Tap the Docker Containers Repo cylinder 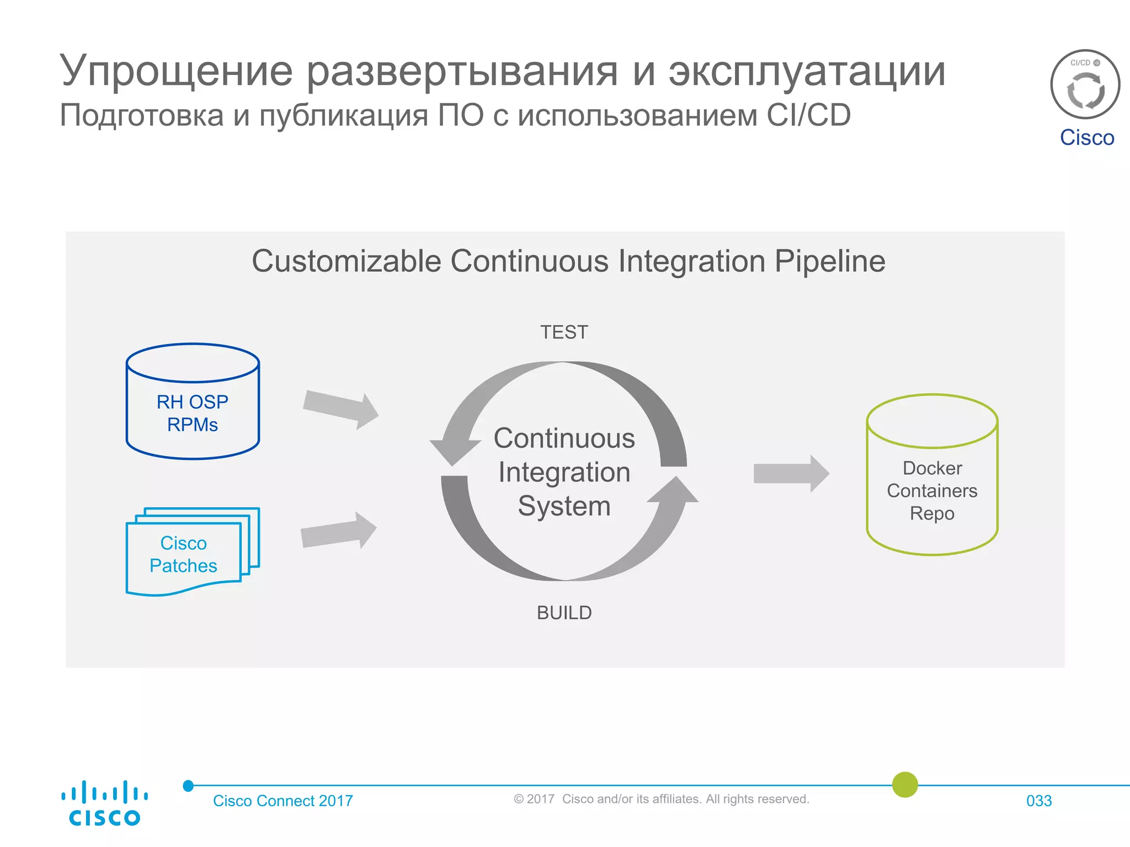tap(932, 476)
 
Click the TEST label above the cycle tap(564, 333)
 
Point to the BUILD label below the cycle tap(564, 613)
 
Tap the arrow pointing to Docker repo tap(791, 473)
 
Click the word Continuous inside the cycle tap(564, 438)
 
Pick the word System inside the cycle tap(564, 506)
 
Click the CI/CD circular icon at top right tap(1085, 84)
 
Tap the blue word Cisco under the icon tap(1086, 137)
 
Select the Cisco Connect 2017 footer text tap(282, 801)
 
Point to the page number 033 tap(1038, 801)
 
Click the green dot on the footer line tap(905, 784)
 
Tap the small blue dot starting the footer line tap(188, 786)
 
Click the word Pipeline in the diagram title tap(829, 261)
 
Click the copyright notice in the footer tap(661, 799)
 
